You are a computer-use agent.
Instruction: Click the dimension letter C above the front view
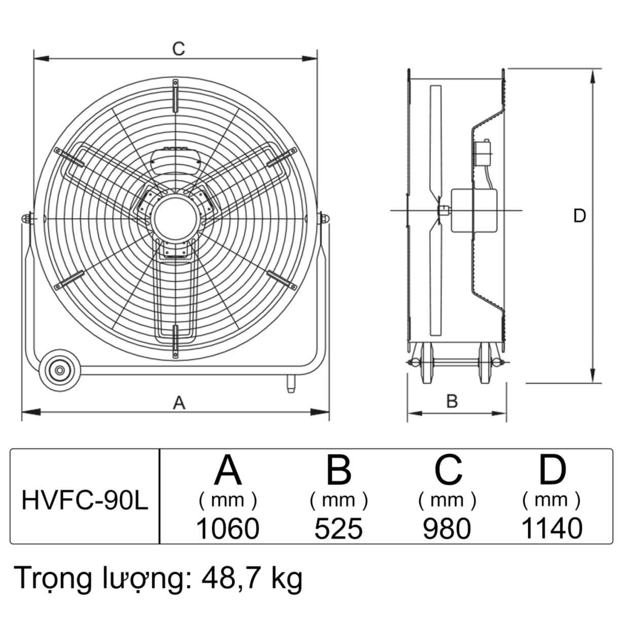point(178,49)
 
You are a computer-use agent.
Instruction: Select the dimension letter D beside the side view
point(579,216)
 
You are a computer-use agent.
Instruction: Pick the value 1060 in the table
point(228,528)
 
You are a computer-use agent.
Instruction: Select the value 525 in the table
point(338,528)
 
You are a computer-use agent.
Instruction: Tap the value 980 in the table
point(447,528)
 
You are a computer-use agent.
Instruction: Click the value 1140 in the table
point(552,528)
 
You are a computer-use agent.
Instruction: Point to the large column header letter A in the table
point(228,470)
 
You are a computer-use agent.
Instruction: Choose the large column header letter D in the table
point(552,470)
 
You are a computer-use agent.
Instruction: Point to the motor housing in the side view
point(473,211)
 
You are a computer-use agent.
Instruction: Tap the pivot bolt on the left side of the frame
point(26,217)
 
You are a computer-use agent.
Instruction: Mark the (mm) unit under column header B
point(338,501)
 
